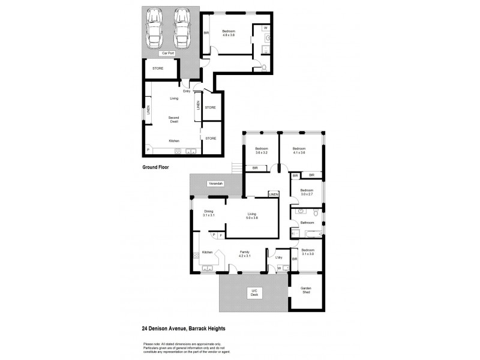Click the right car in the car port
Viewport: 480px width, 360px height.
pyautogui.click(x=182, y=29)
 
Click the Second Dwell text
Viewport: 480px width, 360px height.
pyautogui.click(x=173, y=119)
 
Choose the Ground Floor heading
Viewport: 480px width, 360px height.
pyautogui.click(x=155, y=167)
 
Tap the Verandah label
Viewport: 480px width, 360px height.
pyautogui.click(x=216, y=184)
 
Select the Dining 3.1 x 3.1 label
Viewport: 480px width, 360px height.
pyautogui.click(x=208, y=213)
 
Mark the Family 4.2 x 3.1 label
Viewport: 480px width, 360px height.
pyautogui.click(x=245, y=254)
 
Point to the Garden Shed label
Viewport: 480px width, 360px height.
pyautogui.click(x=307, y=290)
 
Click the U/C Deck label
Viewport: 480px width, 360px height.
pyautogui.click(x=254, y=292)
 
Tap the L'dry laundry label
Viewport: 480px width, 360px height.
pyautogui.click(x=279, y=258)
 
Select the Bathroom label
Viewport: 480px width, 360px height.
pyautogui.click(x=307, y=223)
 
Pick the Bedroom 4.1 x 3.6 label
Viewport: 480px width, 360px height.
pyautogui.click(x=299, y=151)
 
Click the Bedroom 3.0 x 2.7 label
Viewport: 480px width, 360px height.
pyautogui.click(x=307, y=192)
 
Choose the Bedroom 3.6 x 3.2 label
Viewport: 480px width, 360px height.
pyautogui.click(x=261, y=151)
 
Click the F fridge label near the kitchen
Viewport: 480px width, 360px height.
pyautogui.click(x=220, y=235)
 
